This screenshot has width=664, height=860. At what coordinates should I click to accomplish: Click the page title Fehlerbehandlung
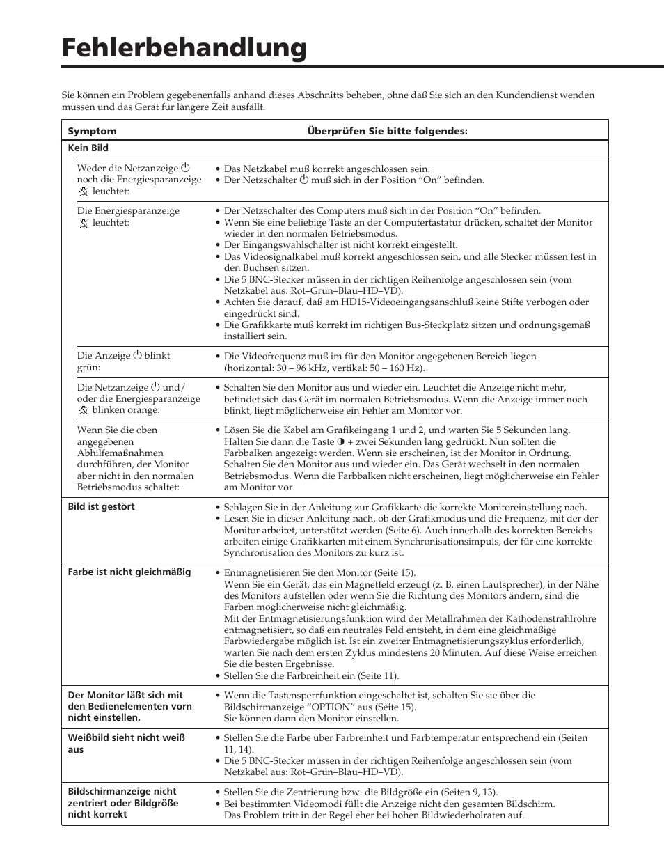click(184, 48)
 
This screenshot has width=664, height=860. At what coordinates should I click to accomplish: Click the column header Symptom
click(92, 131)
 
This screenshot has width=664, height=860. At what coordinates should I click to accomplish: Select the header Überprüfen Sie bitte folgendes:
click(387, 131)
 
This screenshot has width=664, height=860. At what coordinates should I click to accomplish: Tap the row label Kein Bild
click(88, 148)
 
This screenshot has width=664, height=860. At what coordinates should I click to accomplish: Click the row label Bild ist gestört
click(101, 506)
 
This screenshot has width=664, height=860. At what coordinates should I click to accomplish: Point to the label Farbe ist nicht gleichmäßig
click(129, 572)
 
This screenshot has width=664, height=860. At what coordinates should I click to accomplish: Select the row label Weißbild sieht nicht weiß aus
click(126, 743)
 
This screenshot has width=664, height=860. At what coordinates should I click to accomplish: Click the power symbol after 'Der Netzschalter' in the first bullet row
click(303, 180)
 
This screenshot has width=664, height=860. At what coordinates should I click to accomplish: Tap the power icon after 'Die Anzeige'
click(137, 355)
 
